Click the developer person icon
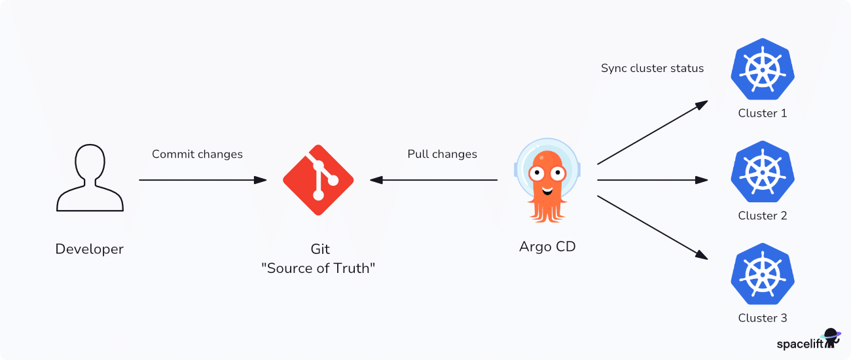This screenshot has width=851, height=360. pos(90,179)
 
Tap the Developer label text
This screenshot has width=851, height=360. pos(89,249)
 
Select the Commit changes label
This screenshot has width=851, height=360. pos(197,154)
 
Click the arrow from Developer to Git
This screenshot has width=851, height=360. pos(203,180)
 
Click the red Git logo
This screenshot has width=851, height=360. pos(318,180)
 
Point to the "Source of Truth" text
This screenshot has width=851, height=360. pos(318,268)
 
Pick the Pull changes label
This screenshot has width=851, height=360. pos(442,154)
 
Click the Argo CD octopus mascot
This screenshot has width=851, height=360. pos(547,180)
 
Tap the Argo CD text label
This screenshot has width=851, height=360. pos(547,247)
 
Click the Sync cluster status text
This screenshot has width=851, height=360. pos(652,68)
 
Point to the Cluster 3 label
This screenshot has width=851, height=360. pos(763,318)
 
